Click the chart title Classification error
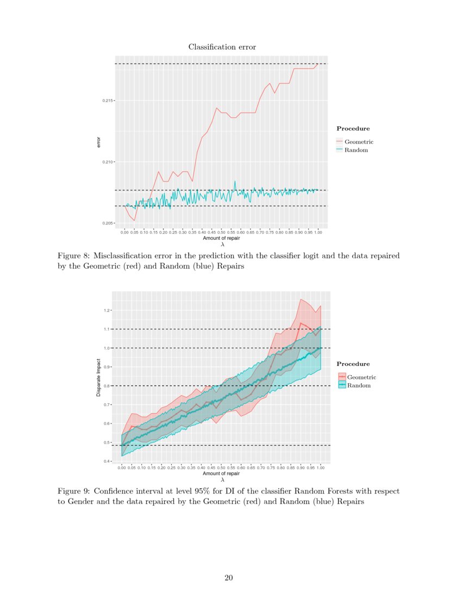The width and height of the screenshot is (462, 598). click(222, 47)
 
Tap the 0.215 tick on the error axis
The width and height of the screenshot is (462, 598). click(108, 101)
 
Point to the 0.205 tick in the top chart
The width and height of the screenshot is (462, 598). click(108, 223)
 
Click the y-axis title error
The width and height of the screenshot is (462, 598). click(98, 143)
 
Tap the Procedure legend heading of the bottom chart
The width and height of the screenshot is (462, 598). click(353, 364)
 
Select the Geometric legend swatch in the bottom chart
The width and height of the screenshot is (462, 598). click(342, 377)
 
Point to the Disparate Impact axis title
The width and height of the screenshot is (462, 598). click(98, 377)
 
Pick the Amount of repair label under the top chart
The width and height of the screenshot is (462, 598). click(221, 238)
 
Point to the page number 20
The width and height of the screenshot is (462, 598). click(229, 577)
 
